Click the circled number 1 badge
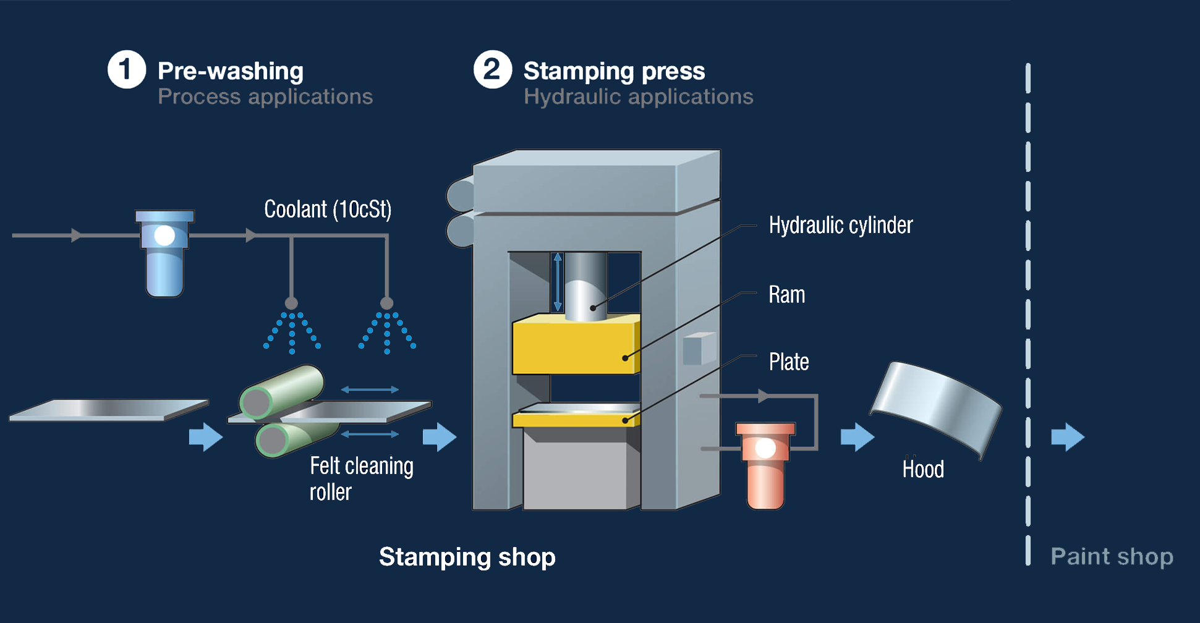pyautogui.click(x=127, y=69)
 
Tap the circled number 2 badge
pyautogui.click(x=493, y=69)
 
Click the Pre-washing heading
pyautogui.click(x=231, y=71)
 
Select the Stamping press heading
pyautogui.click(x=614, y=71)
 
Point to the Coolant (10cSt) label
pyautogui.click(x=328, y=210)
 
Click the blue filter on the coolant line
pyautogui.click(x=164, y=253)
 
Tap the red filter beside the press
pyautogui.click(x=765, y=465)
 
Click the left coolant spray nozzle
pyautogui.click(x=291, y=303)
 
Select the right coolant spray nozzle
pyautogui.click(x=387, y=303)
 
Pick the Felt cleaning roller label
pyautogui.click(x=360, y=478)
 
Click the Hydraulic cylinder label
pyautogui.click(x=840, y=226)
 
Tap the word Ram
pyautogui.click(x=786, y=295)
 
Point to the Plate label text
pyautogui.click(x=788, y=362)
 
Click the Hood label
pyautogui.click(x=922, y=469)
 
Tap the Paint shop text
pyautogui.click(x=1112, y=556)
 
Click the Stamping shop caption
pyautogui.click(x=467, y=556)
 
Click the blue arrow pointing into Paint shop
pyautogui.click(x=1068, y=437)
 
